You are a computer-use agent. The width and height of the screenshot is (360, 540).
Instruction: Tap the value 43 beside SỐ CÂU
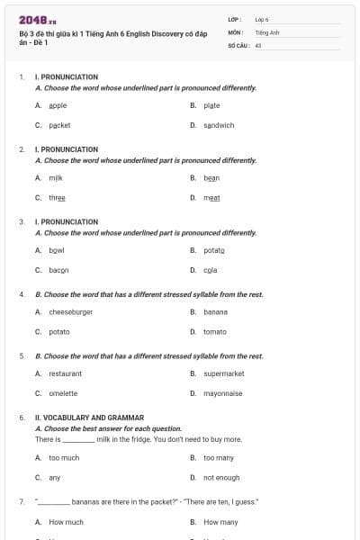click(x=258, y=43)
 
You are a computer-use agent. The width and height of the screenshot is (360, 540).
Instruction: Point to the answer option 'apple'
click(x=58, y=105)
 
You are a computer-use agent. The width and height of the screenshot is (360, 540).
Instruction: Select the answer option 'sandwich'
click(x=219, y=125)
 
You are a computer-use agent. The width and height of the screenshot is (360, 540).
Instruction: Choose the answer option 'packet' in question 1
click(x=59, y=125)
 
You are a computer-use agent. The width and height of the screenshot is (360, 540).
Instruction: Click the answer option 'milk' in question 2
click(x=56, y=178)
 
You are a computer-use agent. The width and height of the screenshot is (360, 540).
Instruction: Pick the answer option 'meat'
click(x=211, y=197)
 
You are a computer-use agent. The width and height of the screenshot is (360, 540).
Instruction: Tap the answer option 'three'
click(x=57, y=197)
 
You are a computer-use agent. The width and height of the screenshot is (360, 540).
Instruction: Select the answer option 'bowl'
click(x=57, y=249)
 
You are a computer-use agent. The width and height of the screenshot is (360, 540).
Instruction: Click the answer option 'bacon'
click(x=58, y=269)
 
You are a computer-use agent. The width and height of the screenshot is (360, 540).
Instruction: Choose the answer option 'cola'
click(x=210, y=269)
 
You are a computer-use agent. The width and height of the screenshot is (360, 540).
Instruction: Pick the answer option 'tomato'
click(x=215, y=331)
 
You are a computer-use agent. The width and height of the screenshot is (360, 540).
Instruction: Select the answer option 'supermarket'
click(x=224, y=373)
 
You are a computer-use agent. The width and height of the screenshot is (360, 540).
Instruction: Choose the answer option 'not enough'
click(x=221, y=477)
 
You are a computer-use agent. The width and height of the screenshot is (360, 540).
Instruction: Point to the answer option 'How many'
click(x=220, y=521)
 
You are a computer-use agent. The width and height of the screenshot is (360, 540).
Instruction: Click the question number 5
click(x=22, y=355)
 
